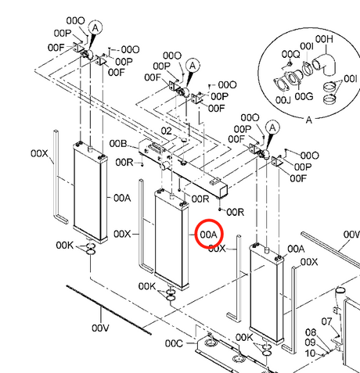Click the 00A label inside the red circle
click(x=208, y=235)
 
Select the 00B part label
click(x=118, y=143)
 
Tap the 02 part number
click(x=167, y=131)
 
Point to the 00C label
click(x=174, y=343)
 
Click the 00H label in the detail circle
click(x=324, y=39)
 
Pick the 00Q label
click(x=291, y=55)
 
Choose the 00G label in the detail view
click(x=304, y=96)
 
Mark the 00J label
click(x=283, y=99)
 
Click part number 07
click(x=326, y=321)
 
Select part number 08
click(x=311, y=332)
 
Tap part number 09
click(x=310, y=343)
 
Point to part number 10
click(x=310, y=353)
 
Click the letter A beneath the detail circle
click(x=309, y=120)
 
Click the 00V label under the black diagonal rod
click(x=100, y=328)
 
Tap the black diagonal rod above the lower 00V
click(x=109, y=310)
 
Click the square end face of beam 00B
click(x=224, y=191)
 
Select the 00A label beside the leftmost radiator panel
click(x=122, y=199)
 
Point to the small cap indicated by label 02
click(x=184, y=140)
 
